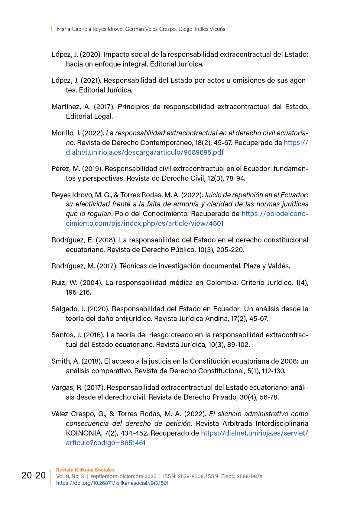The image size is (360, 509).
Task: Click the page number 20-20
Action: click(34, 475)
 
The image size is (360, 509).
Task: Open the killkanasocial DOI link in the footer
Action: click(112, 483)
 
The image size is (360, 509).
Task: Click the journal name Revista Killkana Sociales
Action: click(85, 470)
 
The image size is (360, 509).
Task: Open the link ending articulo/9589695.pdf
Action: click(144, 152)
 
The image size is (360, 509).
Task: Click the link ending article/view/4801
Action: click(144, 223)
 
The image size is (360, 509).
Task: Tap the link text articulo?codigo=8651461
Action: click(105, 443)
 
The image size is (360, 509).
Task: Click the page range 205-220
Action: click(231, 250)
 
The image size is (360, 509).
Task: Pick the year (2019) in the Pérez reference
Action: click(92, 169)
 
